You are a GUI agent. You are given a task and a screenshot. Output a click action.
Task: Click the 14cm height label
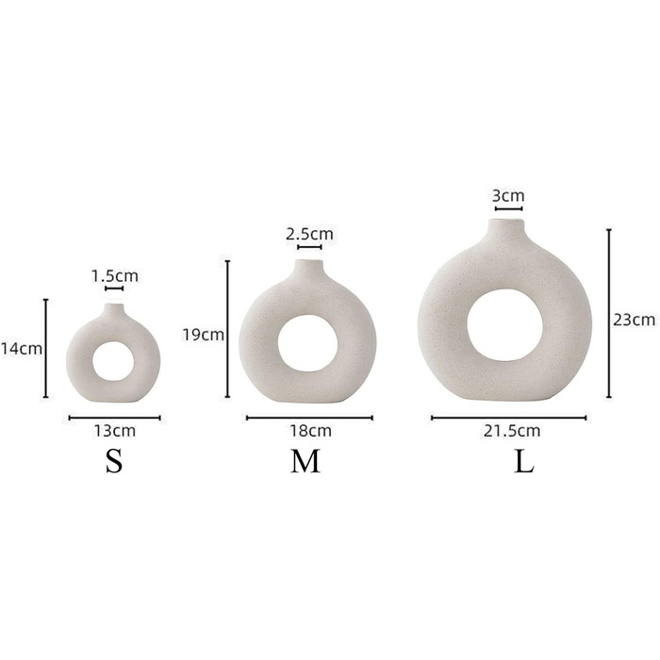pyautogui.click(x=21, y=349)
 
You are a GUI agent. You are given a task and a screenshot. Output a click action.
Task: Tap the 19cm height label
pyautogui.click(x=203, y=335)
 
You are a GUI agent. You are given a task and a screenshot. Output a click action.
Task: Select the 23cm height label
pyautogui.click(x=634, y=321)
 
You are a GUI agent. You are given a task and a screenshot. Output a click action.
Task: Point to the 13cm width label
pyautogui.click(x=114, y=431)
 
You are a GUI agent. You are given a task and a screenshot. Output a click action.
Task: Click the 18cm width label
pyautogui.click(x=310, y=431)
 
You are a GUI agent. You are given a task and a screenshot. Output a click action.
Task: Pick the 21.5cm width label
pyautogui.click(x=511, y=431)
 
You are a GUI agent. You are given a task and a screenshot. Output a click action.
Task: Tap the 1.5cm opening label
pyautogui.click(x=115, y=276)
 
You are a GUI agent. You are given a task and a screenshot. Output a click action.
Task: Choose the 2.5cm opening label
pyautogui.click(x=309, y=234)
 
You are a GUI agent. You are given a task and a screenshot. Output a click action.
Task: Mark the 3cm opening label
pyautogui.click(x=508, y=196)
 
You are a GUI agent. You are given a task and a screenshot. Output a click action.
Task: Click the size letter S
pyautogui.click(x=114, y=461)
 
